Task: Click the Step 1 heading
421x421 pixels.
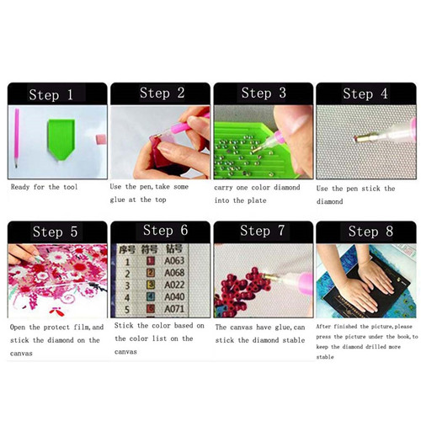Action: pyautogui.click(x=51, y=94)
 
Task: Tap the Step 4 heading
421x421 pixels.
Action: pyautogui.click(x=365, y=93)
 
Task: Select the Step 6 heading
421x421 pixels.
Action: pyautogui.click(x=165, y=231)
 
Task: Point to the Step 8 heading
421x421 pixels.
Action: pyautogui.click(x=370, y=232)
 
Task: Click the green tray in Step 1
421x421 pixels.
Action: pyautogui.click(x=61, y=139)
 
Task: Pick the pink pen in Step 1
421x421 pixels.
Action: pyautogui.click(x=17, y=138)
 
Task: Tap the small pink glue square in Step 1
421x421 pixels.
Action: pyautogui.click(x=101, y=140)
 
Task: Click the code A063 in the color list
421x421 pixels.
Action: pyautogui.click(x=174, y=261)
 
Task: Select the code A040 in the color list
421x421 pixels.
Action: pyautogui.click(x=174, y=296)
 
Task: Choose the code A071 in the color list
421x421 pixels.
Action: pyautogui.click(x=174, y=309)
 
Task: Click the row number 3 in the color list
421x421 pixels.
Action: pyautogui.click(x=127, y=285)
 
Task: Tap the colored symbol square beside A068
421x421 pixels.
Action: pyautogui.click(x=151, y=273)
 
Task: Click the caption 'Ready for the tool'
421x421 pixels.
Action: pyautogui.click(x=44, y=187)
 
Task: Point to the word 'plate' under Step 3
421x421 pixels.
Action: pyautogui.click(x=257, y=200)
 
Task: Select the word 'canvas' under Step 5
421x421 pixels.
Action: pyautogui.click(x=21, y=354)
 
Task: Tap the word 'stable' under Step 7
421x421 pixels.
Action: pyautogui.click(x=294, y=340)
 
